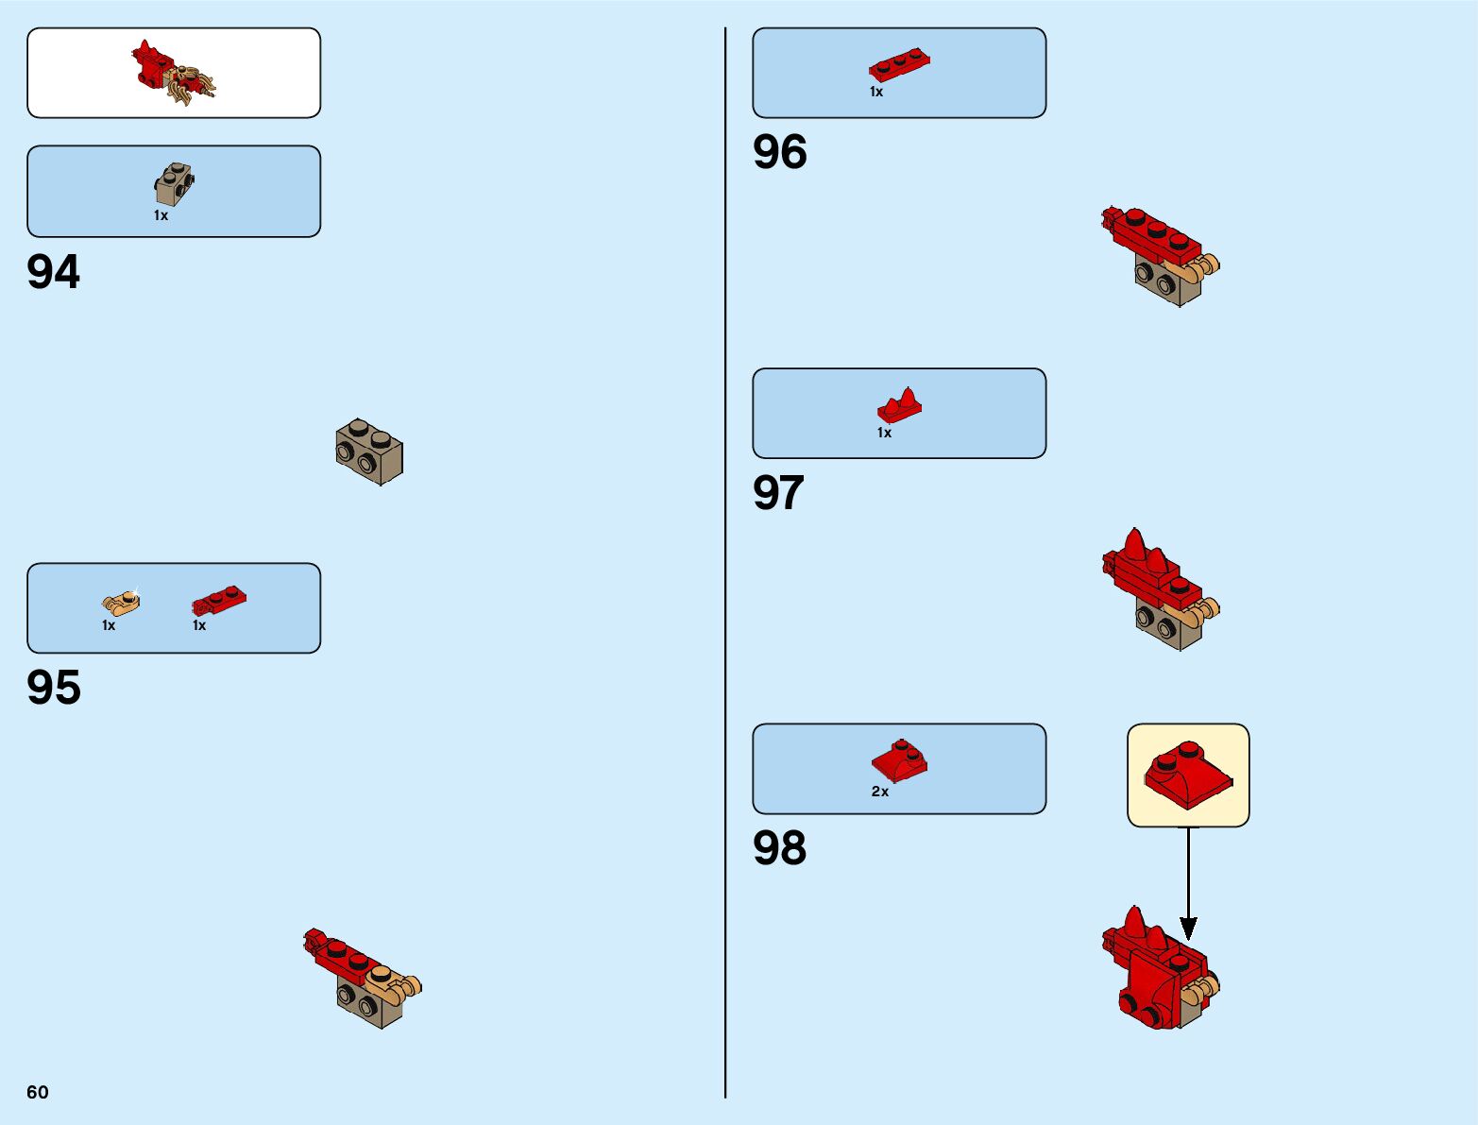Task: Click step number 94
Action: point(54,272)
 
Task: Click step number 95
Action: point(54,688)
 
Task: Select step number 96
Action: point(779,152)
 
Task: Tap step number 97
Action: point(778,493)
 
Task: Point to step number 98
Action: point(779,848)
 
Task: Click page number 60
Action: point(38,1092)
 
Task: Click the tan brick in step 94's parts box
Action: point(174,184)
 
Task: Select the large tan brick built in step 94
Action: point(369,452)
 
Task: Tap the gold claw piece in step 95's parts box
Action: point(121,602)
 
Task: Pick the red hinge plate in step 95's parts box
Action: point(219,600)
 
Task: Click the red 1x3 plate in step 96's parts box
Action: point(899,64)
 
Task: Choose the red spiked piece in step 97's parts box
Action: point(899,405)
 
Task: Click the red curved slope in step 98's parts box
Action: point(899,759)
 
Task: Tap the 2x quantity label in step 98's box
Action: point(880,792)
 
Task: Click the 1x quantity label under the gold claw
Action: point(109,625)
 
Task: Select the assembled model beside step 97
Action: point(1160,589)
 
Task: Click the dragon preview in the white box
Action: point(174,72)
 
